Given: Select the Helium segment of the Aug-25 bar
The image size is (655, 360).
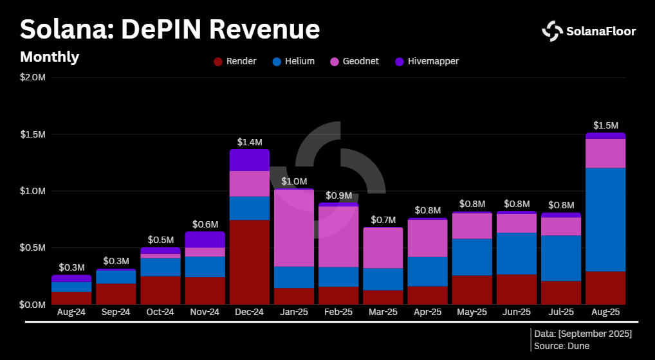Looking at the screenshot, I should (x=605, y=219).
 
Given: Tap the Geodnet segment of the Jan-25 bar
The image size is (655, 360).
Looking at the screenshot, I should (x=294, y=228).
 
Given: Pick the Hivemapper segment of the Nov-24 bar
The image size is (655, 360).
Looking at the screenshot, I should (x=205, y=239).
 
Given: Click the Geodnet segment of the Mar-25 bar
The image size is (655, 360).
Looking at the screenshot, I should (x=383, y=248).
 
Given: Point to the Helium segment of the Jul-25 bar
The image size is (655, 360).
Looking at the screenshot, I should (x=561, y=258).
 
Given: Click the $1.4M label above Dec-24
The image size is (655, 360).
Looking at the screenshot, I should (x=250, y=141).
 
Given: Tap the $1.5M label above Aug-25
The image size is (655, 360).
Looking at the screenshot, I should (x=605, y=125).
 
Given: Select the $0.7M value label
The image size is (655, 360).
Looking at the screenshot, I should (x=383, y=220).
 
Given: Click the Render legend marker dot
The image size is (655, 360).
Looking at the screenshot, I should (x=218, y=62).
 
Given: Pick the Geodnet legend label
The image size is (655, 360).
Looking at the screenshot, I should (x=362, y=62).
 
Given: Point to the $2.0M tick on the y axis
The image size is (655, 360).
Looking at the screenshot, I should (x=33, y=78).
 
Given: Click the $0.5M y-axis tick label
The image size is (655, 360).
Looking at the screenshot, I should (x=33, y=248).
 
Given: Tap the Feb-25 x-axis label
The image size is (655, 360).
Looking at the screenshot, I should (x=338, y=312).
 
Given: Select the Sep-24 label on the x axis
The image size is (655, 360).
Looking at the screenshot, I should (x=116, y=312).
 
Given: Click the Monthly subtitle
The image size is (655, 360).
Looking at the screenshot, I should (x=50, y=57).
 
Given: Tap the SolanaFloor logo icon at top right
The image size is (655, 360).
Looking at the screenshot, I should (x=552, y=31).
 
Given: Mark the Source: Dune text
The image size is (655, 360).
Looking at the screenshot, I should (x=562, y=346).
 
